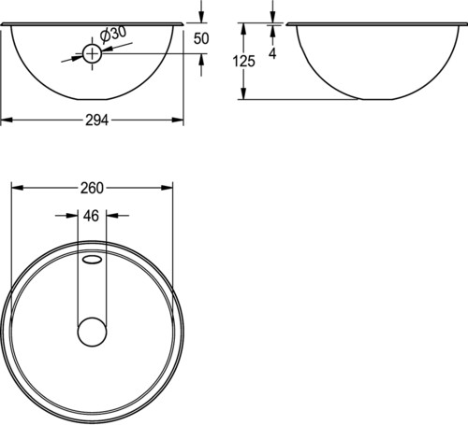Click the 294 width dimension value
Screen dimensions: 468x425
(x=97, y=120)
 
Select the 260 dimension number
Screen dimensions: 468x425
(x=92, y=188)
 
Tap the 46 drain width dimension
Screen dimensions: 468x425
(x=91, y=216)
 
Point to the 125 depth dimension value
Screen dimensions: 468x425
(x=243, y=61)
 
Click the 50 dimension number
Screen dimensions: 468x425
(x=201, y=38)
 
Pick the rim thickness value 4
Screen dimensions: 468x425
(x=272, y=54)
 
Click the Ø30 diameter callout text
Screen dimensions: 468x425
(x=113, y=34)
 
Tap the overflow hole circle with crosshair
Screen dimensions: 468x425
(x=92, y=54)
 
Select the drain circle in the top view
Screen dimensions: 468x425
(x=92, y=332)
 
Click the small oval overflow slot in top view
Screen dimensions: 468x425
(x=93, y=260)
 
